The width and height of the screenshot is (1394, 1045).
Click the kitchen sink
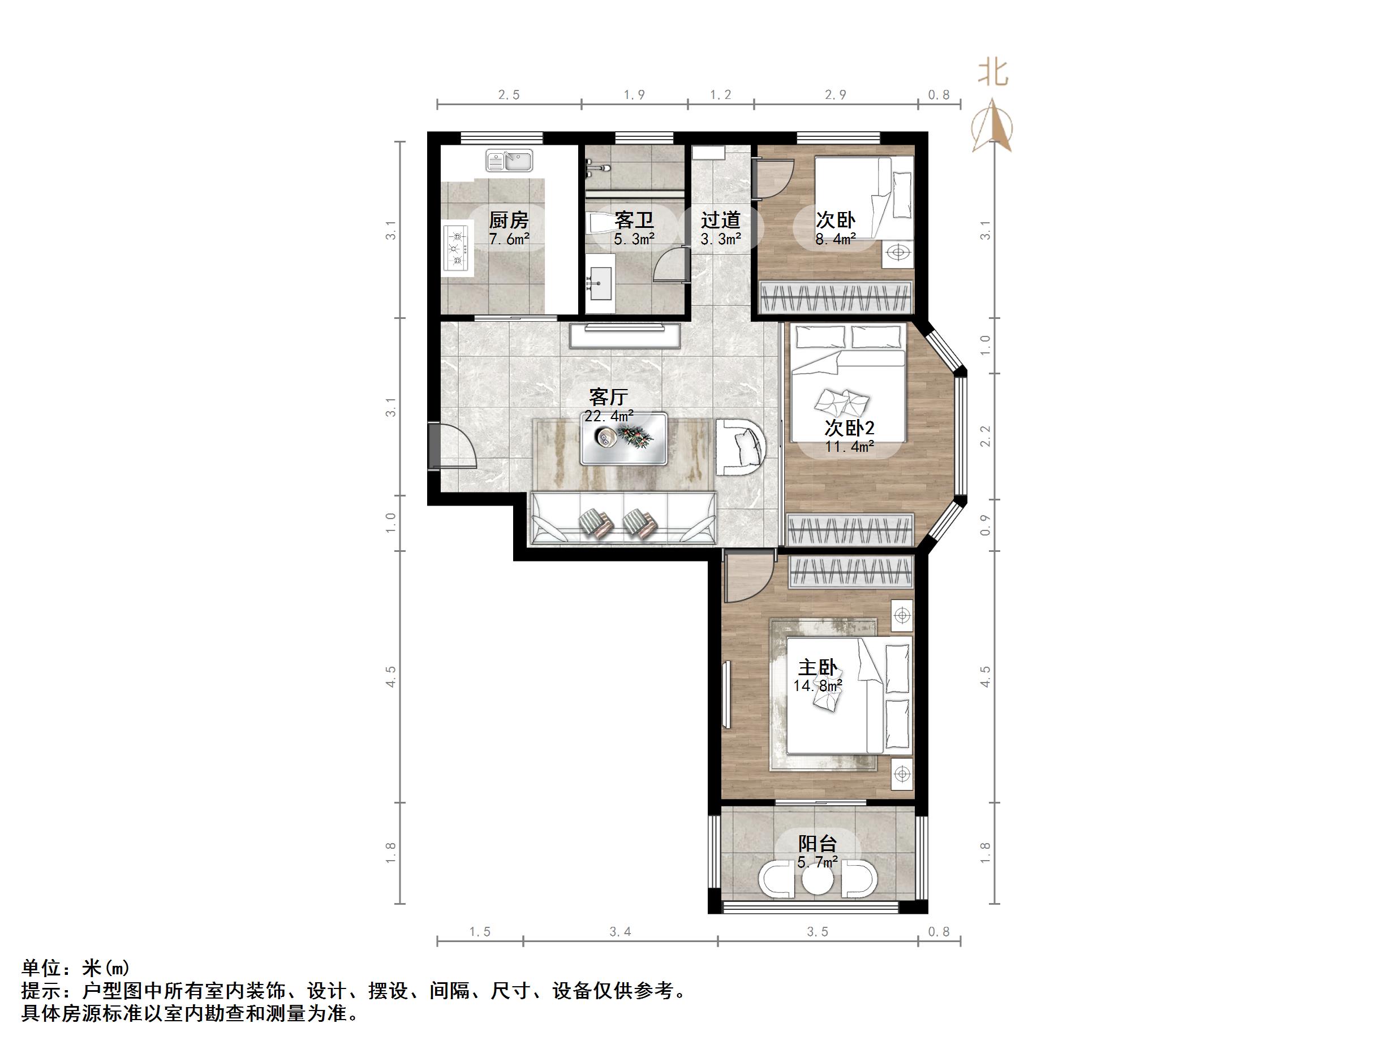[x=509, y=160]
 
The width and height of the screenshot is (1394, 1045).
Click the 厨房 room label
[x=509, y=220]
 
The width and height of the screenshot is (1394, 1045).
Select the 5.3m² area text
[x=634, y=239]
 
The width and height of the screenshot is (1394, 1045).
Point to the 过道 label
[x=720, y=220]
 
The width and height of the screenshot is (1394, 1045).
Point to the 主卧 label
[x=818, y=667]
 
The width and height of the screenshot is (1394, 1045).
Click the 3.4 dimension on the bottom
[x=620, y=931]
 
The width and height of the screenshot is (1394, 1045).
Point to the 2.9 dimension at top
[x=836, y=94]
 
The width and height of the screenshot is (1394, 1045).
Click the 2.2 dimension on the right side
[x=986, y=437]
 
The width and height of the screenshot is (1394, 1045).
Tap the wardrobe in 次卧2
[x=850, y=529]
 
